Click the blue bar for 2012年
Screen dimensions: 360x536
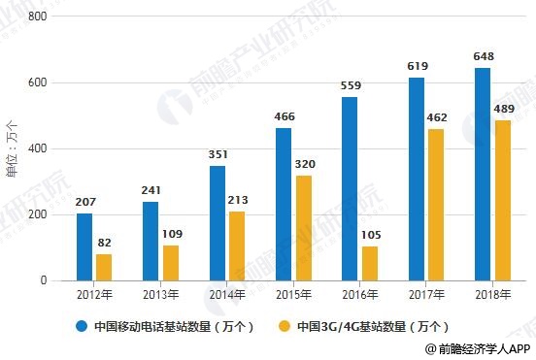[84, 246]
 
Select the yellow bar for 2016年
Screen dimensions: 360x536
[370, 263]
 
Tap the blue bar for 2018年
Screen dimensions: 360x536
[483, 174]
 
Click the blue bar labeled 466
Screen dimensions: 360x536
[284, 204]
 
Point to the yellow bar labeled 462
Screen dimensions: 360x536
[437, 205]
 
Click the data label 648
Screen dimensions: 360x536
[483, 56]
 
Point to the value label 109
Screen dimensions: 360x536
[171, 234]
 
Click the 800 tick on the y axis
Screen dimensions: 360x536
[38, 16]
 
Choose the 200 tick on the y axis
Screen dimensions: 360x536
[38, 214]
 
